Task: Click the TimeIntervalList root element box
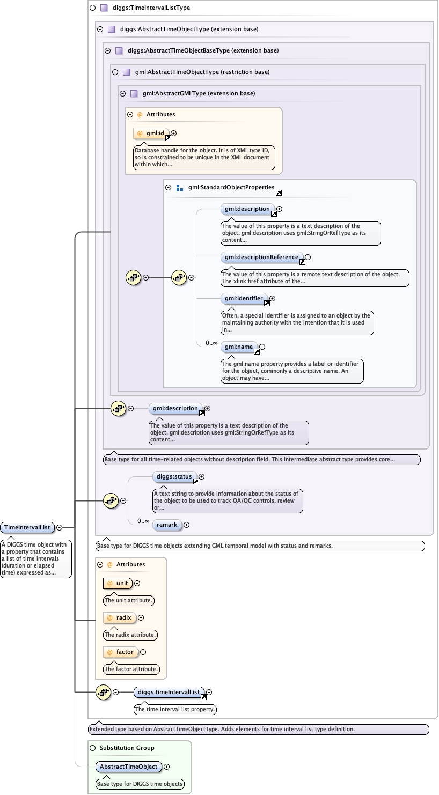pyautogui.click(x=27, y=527)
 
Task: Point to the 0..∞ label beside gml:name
pyautogui.click(x=211, y=343)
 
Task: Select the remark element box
pyautogui.click(x=167, y=525)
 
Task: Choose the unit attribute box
pyautogui.click(x=118, y=583)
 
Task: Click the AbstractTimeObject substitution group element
pyautogui.click(x=128, y=767)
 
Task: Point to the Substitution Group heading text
pyautogui.click(x=127, y=748)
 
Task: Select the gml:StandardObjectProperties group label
pyautogui.click(x=231, y=188)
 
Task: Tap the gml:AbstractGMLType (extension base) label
pyautogui.click(x=199, y=93)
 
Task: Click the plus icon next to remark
pyautogui.click(x=187, y=525)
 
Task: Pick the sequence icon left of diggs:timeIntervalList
pyautogui.click(x=103, y=692)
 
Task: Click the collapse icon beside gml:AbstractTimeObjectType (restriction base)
pyautogui.click(x=115, y=72)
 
